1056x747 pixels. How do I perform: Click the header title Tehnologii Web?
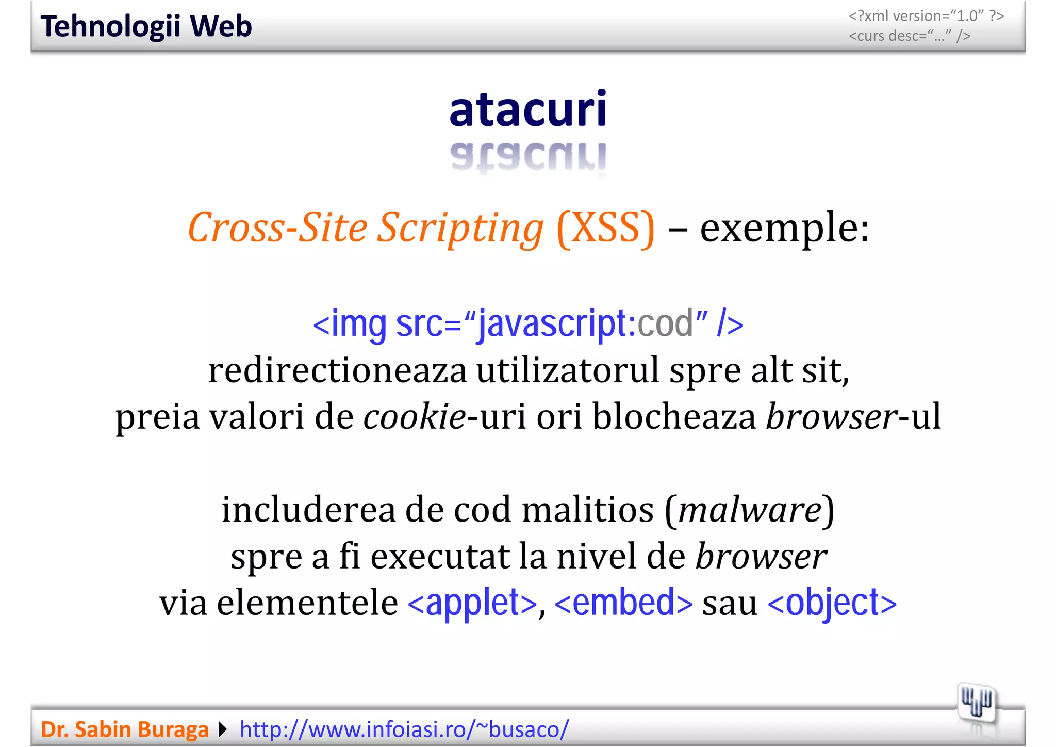tap(146, 26)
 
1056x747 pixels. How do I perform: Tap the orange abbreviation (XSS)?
tap(606, 228)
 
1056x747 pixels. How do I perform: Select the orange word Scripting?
tap(460, 228)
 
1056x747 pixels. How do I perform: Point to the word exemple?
tap(784, 228)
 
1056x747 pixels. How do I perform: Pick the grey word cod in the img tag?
tap(665, 324)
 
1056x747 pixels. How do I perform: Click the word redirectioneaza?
tap(337, 370)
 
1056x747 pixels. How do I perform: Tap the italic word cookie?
tap(415, 417)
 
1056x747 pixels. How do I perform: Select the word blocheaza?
tap(674, 417)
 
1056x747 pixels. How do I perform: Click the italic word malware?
tap(750, 510)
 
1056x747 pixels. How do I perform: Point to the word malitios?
tap(588, 510)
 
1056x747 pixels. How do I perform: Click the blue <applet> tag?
tap(472, 603)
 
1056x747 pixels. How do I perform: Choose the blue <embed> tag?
tap(623, 603)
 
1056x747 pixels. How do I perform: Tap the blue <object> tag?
tap(832, 603)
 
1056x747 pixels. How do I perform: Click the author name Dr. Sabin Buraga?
tap(125, 729)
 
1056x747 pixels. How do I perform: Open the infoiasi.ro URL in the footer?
tap(404, 729)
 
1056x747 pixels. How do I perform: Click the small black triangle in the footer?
tap(223, 729)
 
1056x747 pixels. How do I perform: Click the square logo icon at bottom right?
tap(977, 703)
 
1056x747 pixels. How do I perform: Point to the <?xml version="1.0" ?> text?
tap(926, 16)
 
